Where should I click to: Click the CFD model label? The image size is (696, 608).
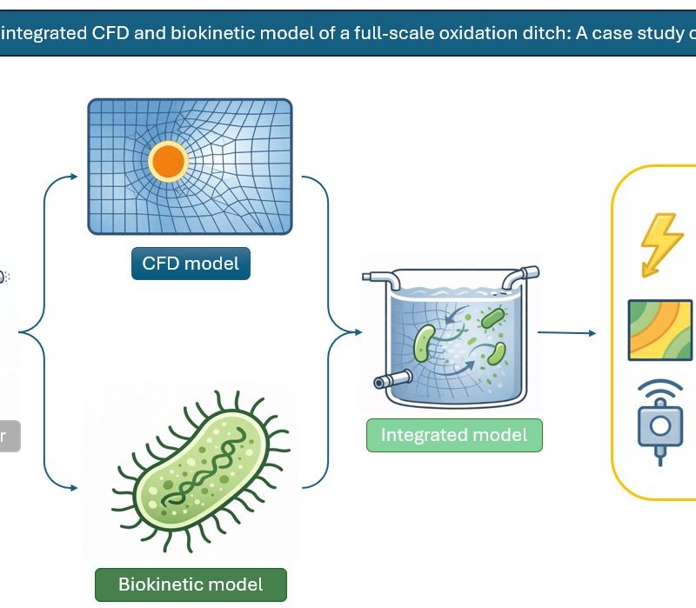coord(191,262)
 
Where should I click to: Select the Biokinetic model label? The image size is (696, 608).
coord(191,584)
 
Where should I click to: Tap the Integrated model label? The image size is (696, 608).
coord(454,435)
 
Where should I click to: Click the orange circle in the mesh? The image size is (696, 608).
coord(168,162)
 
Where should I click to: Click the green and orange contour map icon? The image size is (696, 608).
coord(660,331)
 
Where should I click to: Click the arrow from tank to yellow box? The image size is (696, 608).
coord(566,332)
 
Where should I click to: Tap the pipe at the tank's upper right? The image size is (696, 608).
coord(518,278)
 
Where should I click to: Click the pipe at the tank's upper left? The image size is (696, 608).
coord(379,277)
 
